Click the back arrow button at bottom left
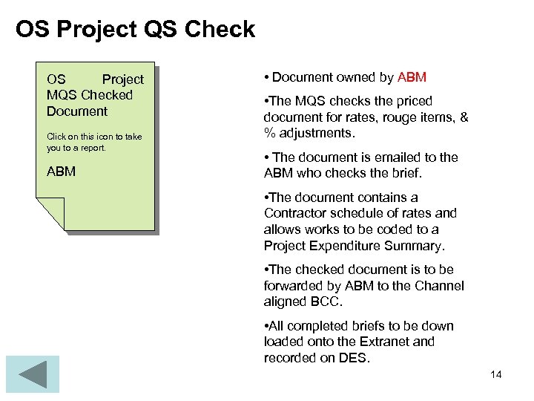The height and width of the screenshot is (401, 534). pos(32,374)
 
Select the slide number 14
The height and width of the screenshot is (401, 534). pos(496,374)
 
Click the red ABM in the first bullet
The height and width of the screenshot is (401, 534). pos(412,77)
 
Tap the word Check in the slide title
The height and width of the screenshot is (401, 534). pos(220,30)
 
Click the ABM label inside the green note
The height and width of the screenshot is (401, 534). pos(61,172)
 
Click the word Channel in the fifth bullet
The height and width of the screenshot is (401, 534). pos(441,286)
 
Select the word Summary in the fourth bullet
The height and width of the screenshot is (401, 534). pos(418,246)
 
